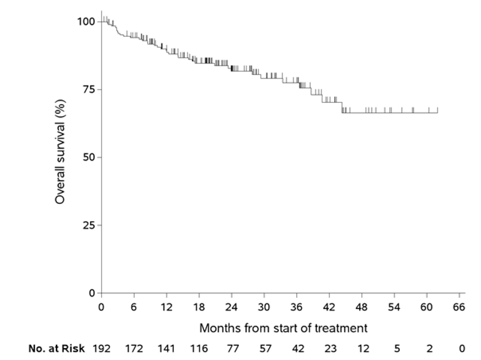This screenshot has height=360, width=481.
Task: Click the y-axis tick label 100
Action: pos(86,21)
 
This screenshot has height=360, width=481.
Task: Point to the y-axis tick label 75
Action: pos(88,89)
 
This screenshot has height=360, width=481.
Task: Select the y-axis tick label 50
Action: pos(88,157)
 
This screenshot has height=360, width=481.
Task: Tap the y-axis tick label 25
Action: pos(88,225)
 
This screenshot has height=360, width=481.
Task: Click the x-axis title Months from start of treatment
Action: pos(284,328)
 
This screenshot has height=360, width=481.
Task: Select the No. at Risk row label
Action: pos(56,348)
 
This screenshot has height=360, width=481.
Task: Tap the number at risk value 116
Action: pos(199,348)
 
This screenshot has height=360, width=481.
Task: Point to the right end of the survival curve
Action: pos(438,113)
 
